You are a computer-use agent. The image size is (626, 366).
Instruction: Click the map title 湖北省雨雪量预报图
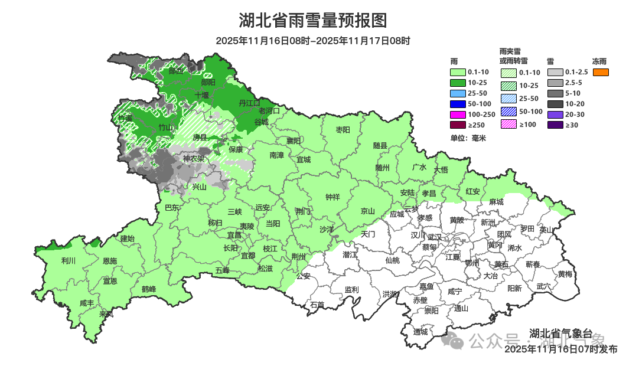[x=312, y=21]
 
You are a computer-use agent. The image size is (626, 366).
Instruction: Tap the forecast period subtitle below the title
[x=312, y=41]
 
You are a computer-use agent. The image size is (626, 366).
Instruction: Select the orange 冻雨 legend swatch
[x=600, y=72]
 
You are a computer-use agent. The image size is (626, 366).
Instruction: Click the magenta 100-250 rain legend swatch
[x=458, y=115]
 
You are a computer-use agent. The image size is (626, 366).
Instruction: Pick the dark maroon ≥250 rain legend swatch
[x=458, y=125]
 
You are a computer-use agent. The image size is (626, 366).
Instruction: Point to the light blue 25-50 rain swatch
[x=458, y=93]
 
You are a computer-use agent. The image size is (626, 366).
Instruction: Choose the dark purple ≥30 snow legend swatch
[x=555, y=125]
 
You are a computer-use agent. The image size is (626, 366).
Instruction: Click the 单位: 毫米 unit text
[x=468, y=138]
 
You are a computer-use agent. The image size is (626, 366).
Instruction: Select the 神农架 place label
[x=193, y=159]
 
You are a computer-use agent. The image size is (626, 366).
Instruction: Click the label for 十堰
[x=202, y=94]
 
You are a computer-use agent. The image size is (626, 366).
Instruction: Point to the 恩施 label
[x=109, y=261]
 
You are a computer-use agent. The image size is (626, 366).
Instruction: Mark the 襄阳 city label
[x=294, y=140]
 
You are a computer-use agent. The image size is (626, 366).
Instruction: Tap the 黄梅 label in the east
[x=565, y=274]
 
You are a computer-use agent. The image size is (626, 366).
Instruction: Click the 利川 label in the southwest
[x=69, y=260]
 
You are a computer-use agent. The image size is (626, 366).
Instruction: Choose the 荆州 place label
[x=299, y=257]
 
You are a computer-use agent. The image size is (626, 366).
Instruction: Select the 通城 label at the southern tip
[x=420, y=332]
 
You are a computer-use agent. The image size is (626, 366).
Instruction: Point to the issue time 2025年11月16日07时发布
[x=560, y=349]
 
